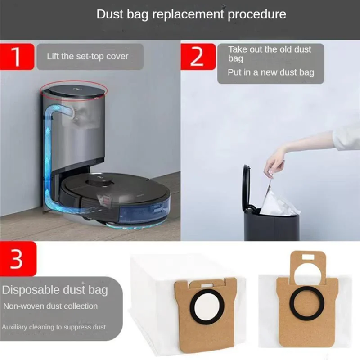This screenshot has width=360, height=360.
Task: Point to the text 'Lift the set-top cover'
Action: pos(88,57)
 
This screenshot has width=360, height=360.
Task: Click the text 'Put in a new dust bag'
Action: pos(271,72)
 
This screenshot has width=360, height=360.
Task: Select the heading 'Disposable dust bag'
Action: pos(55,290)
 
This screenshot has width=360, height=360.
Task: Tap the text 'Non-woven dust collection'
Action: pos(50,306)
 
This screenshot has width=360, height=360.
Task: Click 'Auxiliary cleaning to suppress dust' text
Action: pos(54,327)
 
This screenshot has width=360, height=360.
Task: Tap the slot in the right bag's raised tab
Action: pos(307,258)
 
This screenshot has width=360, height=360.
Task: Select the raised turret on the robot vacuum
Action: pos(98,180)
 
